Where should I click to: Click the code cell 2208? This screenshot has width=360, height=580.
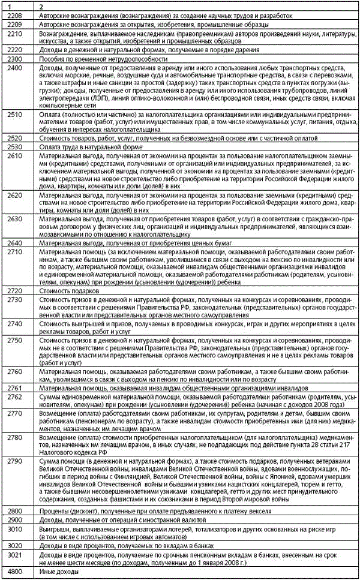click(12, 14)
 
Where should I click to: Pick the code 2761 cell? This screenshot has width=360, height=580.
click(12, 389)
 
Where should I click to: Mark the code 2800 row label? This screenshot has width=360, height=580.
click(12, 510)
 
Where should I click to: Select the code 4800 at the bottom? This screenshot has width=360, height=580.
click(12, 572)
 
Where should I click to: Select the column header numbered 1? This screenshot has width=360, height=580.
click(6, 5)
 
